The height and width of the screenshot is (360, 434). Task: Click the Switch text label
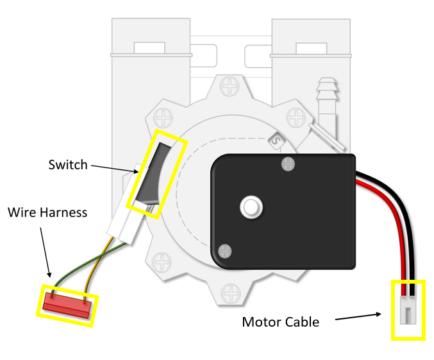coord(68,165)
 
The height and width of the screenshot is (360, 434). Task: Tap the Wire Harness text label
coord(47,212)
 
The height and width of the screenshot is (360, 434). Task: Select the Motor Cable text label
coord(280,322)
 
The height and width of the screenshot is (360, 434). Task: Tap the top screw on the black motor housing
coord(288,165)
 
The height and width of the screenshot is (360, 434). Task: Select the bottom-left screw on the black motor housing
coord(224,250)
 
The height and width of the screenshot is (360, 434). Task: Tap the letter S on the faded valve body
coord(277,139)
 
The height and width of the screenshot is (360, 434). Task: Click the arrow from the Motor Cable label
coord(359,316)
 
